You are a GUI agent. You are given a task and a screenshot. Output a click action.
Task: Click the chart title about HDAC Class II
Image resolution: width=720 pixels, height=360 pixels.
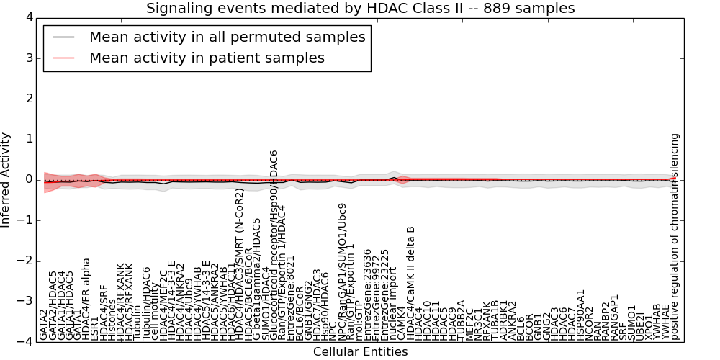click(361, 9)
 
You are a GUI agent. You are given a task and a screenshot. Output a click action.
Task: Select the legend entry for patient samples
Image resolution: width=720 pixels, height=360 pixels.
click(207, 58)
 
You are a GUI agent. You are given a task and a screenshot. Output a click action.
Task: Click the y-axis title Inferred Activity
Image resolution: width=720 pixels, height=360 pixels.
click(6, 179)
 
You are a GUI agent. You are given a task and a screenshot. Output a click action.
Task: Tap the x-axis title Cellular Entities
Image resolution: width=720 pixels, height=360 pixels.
click(360, 352)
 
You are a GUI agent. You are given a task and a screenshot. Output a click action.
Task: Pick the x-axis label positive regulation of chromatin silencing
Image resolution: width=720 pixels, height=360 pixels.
click(675, 237)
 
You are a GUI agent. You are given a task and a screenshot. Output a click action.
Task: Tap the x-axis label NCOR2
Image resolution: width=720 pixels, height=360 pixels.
click(590, 324)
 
